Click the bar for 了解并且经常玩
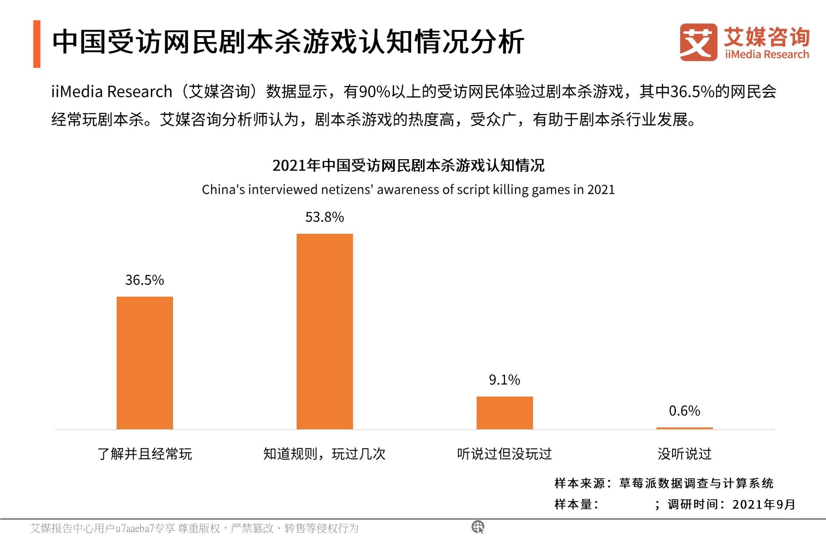pos(144,362)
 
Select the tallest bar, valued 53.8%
pos(325,331)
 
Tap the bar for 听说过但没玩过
pos(505,412)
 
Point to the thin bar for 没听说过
pos(684,428)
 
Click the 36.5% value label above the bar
pos(144,280)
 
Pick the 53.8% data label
pos(325,217)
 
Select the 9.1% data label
pos(505,380)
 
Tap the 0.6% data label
pos(684,410)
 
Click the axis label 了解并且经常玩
pos(144,454)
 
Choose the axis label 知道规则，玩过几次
pos(325,454)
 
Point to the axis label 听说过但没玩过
pos(505,454)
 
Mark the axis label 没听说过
pos(684,454)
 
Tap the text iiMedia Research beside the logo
pos(767,55)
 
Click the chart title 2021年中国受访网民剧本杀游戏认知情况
pos(408,165)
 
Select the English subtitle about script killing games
pos(408,190)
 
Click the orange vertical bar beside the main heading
pos(37,44)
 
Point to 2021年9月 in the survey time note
pos(764,504)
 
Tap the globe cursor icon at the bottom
pos(478,527)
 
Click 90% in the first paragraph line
pos(375,92)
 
